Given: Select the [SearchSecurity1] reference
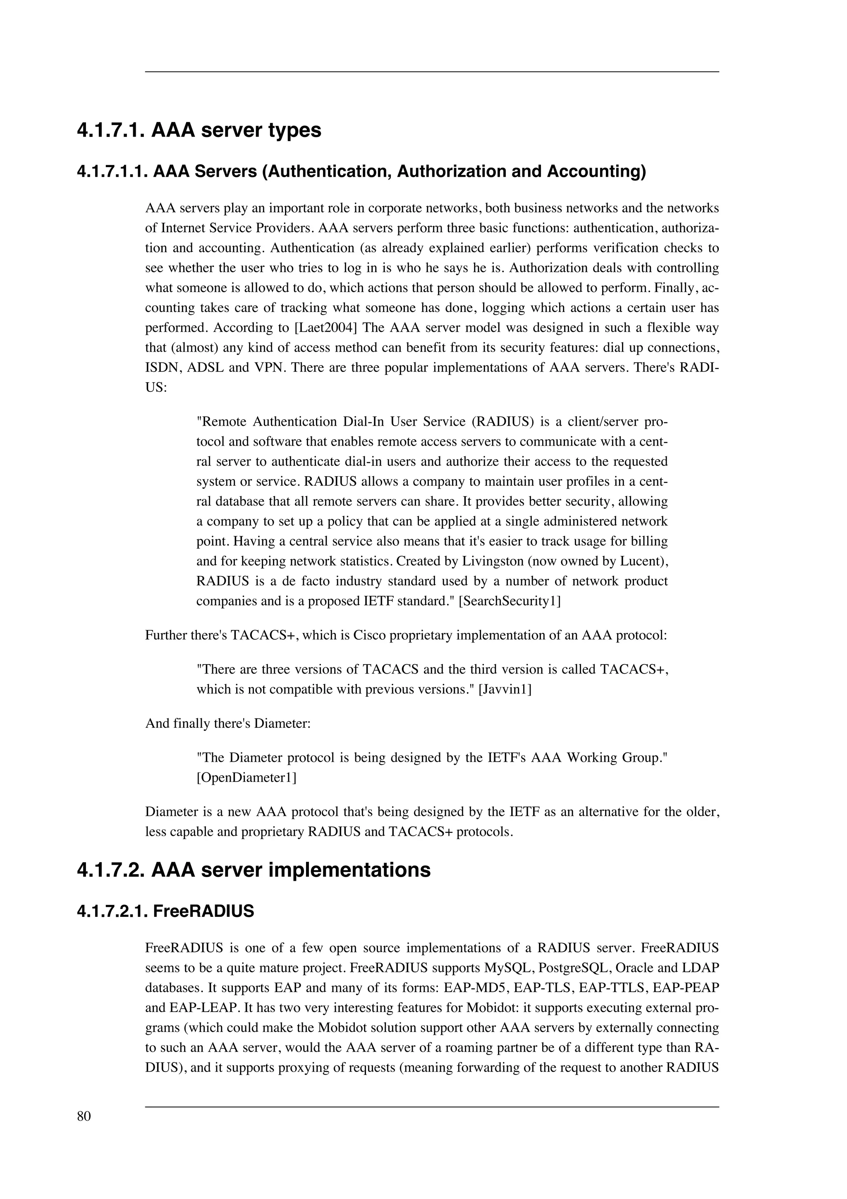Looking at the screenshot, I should tap(510, 601).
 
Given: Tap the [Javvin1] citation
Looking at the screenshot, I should tap(505, 689).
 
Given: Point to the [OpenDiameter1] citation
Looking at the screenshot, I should tap(246, 777).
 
